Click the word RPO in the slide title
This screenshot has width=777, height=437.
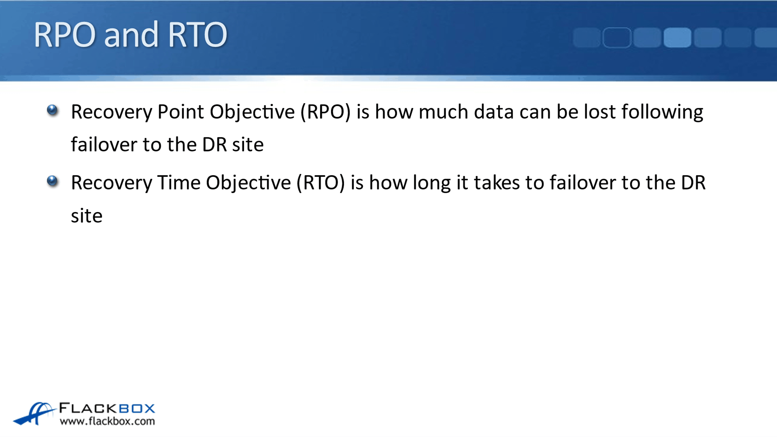tap(65, 35)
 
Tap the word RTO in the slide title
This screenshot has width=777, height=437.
tap(198, 35)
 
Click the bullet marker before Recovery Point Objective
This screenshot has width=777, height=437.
tap(52, 110)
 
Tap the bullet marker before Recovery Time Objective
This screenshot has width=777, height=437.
tap(52, 181)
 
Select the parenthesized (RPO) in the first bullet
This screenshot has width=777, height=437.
tap(325, 112)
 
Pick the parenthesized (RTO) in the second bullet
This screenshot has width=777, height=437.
tap(321, 183)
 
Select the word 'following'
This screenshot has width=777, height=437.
tap(662, 112)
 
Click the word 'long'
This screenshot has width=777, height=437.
tap(432, 183)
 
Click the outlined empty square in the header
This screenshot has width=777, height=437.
tap(617, 37)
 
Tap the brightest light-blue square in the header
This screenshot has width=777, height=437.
tap(677, 37)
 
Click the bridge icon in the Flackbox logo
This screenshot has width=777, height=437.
tap(34, 413)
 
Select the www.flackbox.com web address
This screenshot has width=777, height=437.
tap(107, 421)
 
